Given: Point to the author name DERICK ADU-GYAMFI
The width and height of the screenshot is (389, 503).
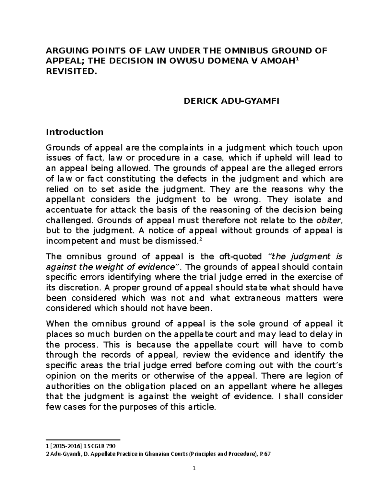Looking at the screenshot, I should point(231,101).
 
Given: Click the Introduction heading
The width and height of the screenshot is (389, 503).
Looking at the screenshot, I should point(75,132).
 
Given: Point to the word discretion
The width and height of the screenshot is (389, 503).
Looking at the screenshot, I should point(75,288).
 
